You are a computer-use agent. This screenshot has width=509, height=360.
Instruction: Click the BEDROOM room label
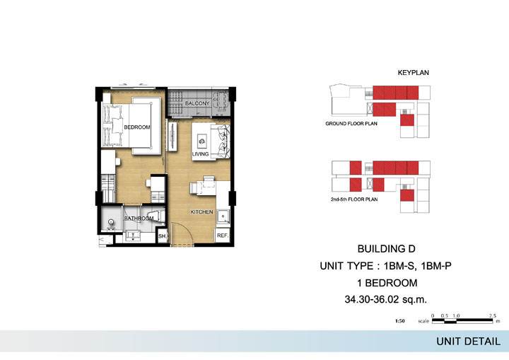137,127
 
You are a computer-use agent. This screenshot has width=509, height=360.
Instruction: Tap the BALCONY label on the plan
197,103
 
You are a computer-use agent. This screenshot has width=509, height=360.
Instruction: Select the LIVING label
200,153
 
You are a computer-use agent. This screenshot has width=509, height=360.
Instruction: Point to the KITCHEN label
201,212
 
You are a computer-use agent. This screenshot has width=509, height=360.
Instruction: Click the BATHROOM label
139,219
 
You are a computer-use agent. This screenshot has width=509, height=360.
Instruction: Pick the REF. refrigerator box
223,236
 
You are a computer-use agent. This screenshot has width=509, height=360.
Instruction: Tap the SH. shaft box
163,236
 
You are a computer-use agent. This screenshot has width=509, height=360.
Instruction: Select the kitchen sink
223,216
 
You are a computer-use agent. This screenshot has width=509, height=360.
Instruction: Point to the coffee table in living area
201,141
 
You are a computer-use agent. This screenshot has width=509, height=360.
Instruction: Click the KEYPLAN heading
414,73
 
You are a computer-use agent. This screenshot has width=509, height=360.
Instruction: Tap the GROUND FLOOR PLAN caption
351,124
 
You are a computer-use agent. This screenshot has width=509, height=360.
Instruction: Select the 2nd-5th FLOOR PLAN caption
354,199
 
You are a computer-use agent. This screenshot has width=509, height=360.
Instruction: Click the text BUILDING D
386,249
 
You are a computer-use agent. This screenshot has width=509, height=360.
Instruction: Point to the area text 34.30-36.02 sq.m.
386,300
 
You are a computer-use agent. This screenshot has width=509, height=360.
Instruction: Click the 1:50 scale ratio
400,321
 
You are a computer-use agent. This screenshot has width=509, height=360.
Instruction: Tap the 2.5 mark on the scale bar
493,316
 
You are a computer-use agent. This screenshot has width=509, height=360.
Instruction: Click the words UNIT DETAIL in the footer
468,342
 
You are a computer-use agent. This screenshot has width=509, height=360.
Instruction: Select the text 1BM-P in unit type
436,266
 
